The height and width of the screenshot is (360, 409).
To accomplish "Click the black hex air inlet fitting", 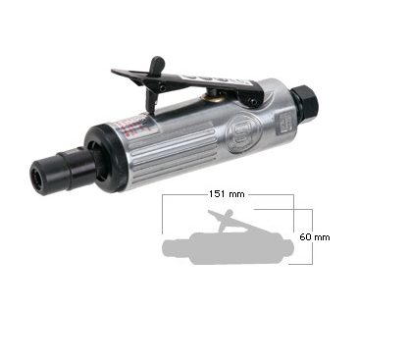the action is pos(308,99).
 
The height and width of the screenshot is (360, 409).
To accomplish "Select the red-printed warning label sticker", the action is pos(133,126).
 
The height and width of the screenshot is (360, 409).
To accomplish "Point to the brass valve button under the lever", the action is pos(213,95).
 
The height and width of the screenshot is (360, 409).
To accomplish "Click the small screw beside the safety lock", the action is pos(163,87).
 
